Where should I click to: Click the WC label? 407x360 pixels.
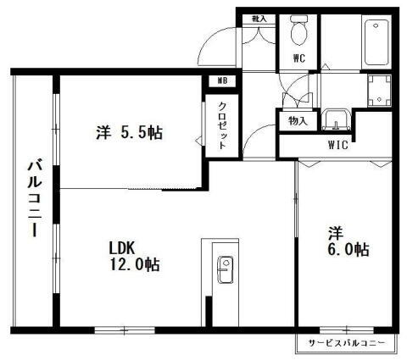coord(299,58)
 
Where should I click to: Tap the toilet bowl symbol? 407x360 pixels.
coord(298,31)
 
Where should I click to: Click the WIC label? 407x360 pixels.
coord(338,144)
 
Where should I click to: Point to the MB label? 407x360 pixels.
coord(222,81)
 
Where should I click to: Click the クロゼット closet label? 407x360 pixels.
coord(222,125)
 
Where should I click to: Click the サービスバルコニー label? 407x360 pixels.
coord(345,344)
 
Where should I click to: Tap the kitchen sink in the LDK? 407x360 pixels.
coord(226,272)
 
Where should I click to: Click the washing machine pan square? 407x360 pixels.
coord(378,87)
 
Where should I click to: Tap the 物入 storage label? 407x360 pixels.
coord(298,121)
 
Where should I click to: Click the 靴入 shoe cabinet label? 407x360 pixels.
coord(259,18)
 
